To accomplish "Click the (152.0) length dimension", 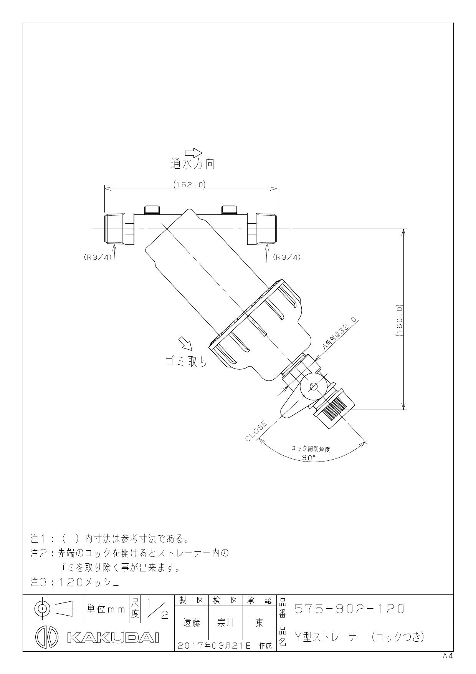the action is [x=189, y=184].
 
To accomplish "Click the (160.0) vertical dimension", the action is [x=399, y=321].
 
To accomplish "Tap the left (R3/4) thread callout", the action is [x=98, y=257].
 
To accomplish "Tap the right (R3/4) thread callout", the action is [x=287, y=257].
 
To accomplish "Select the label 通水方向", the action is [x=192, y=164].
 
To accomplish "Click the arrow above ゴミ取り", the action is [x=187, y=343].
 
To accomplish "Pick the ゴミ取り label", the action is [x=187, y=361].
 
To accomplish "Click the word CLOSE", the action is [x=256, y=431].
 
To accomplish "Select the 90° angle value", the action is [x=309, y=457].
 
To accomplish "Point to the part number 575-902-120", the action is [x=350, y=609].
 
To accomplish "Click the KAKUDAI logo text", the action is [x=113, y=637].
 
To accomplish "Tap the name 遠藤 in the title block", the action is [x=192, y=623].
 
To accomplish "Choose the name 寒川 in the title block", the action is [x=226, y=623].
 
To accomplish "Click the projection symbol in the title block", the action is [x=53, y=608].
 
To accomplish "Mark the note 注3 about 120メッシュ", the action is [x=75, y=583].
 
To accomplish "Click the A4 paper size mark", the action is [x=448, y=656].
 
